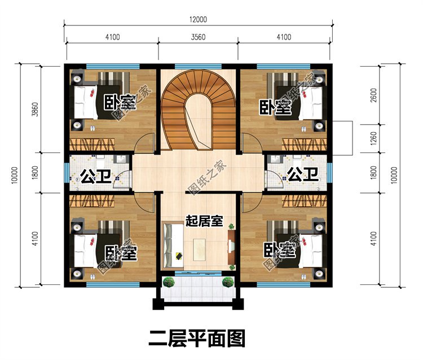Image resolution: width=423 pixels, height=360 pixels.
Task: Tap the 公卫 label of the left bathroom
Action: [94, 176]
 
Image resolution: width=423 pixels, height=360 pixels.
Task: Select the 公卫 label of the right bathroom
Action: [301, 174]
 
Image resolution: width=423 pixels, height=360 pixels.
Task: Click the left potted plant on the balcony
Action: [168, 282]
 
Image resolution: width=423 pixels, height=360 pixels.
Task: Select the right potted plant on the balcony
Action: [227, 282]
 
